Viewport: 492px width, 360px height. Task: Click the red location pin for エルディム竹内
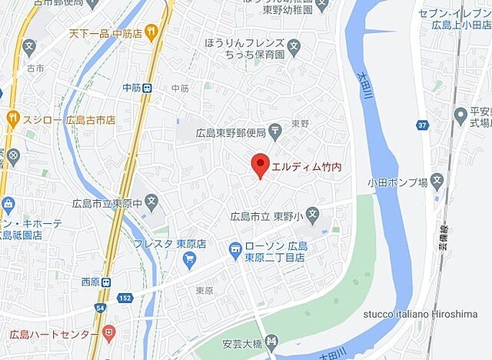[260, 164]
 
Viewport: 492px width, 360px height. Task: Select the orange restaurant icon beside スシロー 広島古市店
[12, 118]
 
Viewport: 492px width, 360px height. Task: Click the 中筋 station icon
[147, 88]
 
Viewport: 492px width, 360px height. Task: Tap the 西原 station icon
[106, 282]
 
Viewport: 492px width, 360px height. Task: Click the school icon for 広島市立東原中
[152, 204]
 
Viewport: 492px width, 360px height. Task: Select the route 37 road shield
[422, 125]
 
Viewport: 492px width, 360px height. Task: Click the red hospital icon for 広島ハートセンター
[109, 334]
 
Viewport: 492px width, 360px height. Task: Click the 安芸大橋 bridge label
[242, 340]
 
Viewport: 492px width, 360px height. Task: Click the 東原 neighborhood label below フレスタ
[204, 291]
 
